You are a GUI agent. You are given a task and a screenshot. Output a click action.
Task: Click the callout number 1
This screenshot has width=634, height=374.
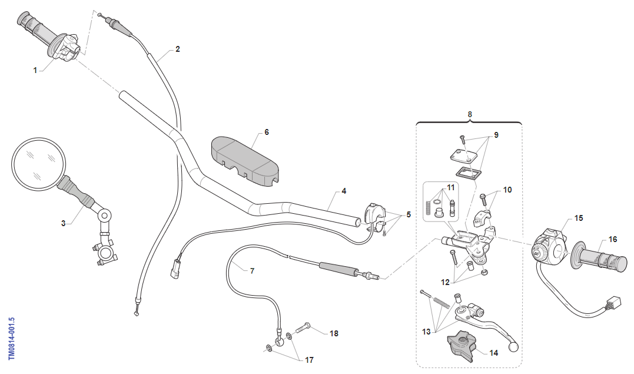click(35, 70)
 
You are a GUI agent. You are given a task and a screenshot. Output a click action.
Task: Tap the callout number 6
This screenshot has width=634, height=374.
click(266, 133)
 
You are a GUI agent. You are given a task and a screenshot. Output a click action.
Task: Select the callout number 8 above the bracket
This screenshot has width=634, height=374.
click(470, 114)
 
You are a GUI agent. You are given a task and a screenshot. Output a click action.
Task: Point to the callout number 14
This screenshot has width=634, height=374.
click(493, 353)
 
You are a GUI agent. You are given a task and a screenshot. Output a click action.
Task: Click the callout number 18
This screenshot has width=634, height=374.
click(334, 333)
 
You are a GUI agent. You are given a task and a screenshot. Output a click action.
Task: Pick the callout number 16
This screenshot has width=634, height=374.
click(613, 240)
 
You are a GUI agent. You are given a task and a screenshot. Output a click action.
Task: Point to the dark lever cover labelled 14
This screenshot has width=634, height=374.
click(463, 346)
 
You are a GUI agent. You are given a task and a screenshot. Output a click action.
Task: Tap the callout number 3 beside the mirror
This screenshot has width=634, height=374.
click(64, 224)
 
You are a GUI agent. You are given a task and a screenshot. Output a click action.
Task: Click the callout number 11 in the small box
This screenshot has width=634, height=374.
click(451, 187)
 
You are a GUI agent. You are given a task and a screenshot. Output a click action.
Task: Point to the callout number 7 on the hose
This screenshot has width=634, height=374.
click(252, 271)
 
